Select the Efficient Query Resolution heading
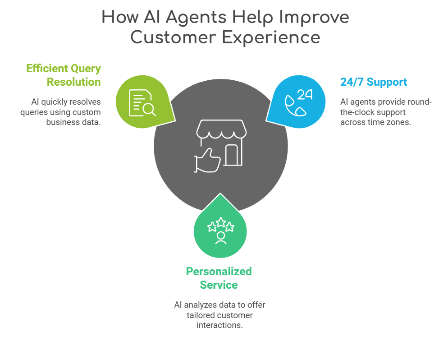point(64,75)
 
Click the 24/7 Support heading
point(374,82)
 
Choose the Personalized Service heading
point(219,278)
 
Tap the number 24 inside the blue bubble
point(305,94)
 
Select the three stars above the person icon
point(220,225)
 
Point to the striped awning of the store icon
point(221,130)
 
